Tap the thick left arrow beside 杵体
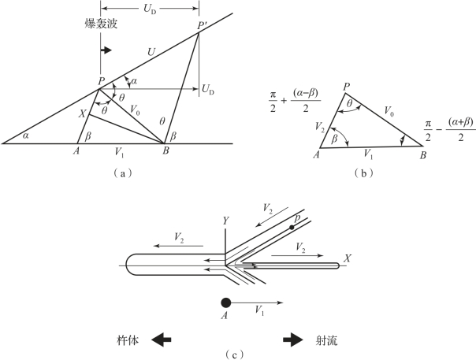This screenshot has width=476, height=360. click(162, 340)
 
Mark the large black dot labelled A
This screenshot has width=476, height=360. click(226, 302)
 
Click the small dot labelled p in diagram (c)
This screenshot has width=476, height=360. click(292, 227)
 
